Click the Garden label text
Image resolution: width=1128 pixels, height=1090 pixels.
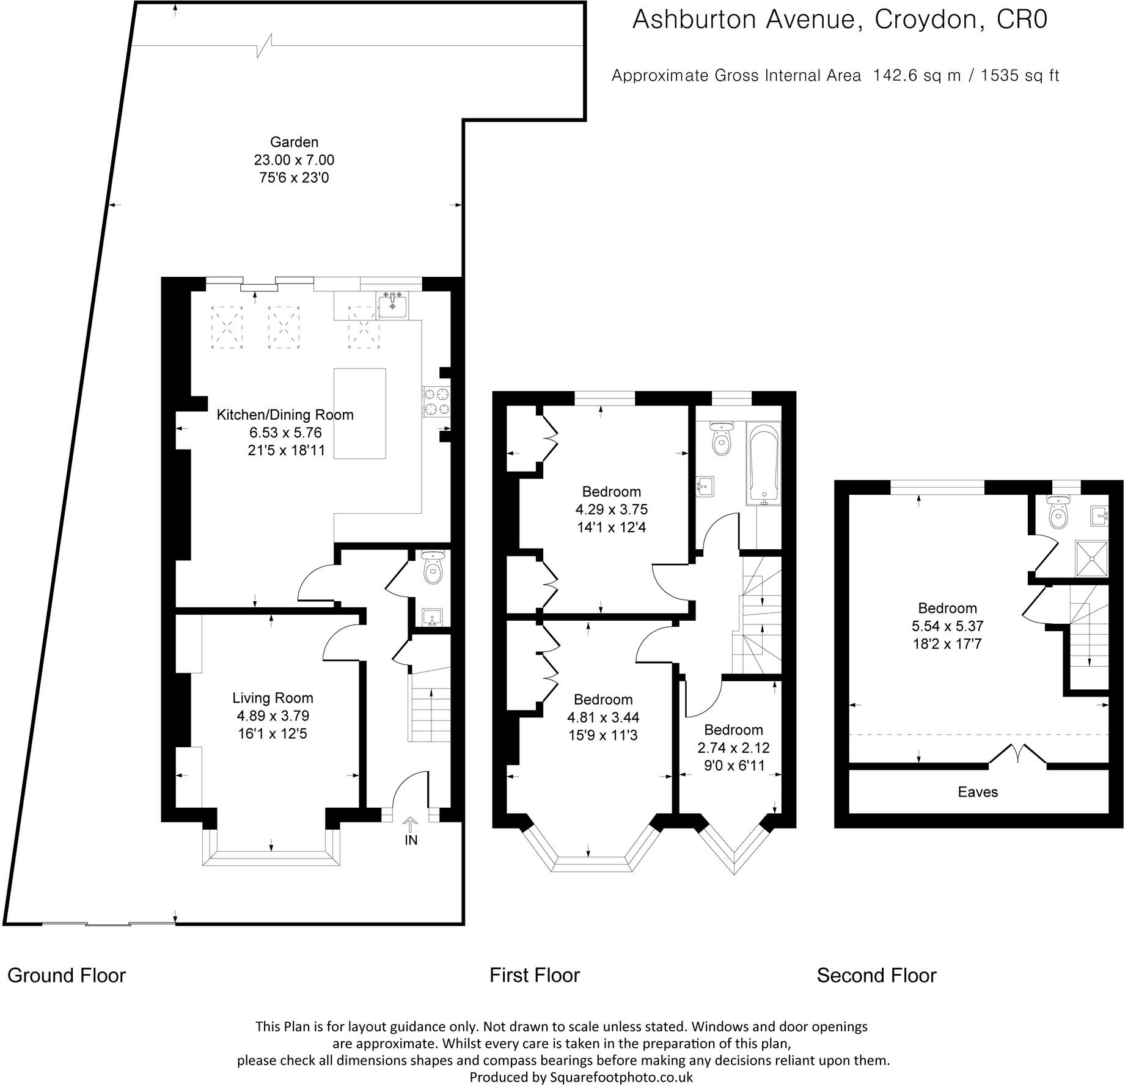pyautogui.click(x=294, y=142)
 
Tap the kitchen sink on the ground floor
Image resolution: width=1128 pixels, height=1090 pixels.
pyautogui.click(x=392, y=305)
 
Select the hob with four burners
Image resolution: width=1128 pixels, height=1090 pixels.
pyautogui.click(x=436, y=402)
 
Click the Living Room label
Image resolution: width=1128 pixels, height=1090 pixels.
pyautogui.click(x=273, y=698)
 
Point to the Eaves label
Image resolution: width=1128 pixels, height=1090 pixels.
pyautogui.click(x=978, y=792)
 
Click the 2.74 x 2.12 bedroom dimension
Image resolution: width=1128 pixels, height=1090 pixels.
pyautogui.click(x=733, y=747)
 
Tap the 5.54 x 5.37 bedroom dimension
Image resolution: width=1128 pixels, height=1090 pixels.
pyautogui.click(x=947, y=626)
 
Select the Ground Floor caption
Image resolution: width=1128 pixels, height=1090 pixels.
pyautogui.click(x=67, y=976)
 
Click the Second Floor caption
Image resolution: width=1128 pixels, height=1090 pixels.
pyautogui.click(x=876, y=976)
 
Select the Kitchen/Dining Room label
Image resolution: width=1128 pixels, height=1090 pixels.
pyautogui.click(x=285, y=415)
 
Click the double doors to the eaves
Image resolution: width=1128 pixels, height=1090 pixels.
pyautogui.click(x=1017, y=755)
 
